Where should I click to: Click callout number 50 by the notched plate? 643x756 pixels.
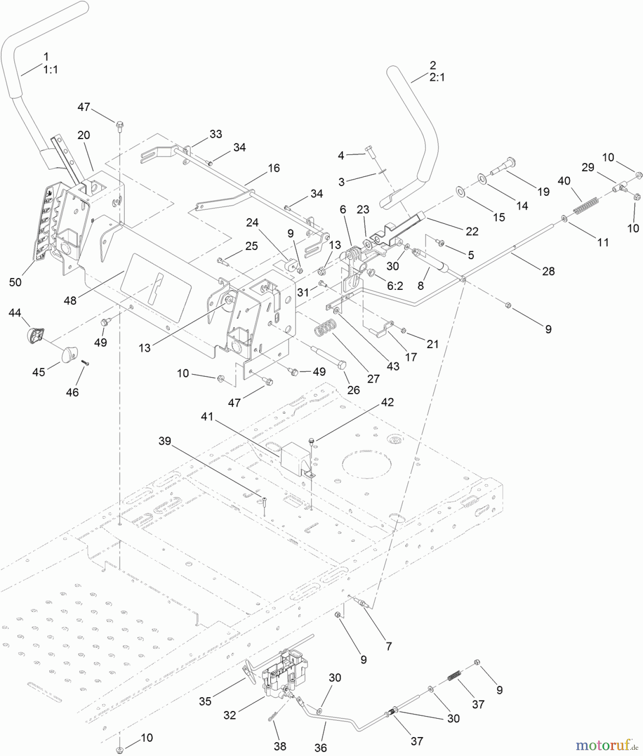click(x=15, y=282)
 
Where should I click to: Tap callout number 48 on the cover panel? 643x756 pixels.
click(x=70, y=300)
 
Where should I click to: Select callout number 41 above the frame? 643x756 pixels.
click(x=207, y=417)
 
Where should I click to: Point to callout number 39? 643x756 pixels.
click(x=165, y=441)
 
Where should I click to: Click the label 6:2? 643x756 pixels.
click(x=395, y=286)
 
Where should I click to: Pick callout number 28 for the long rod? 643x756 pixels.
click(x=548, y=271)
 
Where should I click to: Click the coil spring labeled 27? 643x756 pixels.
click(x=326, y=327)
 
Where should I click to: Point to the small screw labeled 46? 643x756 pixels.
click(x=85, y=363)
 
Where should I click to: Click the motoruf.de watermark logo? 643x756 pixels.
click(x=607, y=745)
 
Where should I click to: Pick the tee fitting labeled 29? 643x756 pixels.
click(x=621, y=185)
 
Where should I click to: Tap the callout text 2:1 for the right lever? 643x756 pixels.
click(x=437, y=77)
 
